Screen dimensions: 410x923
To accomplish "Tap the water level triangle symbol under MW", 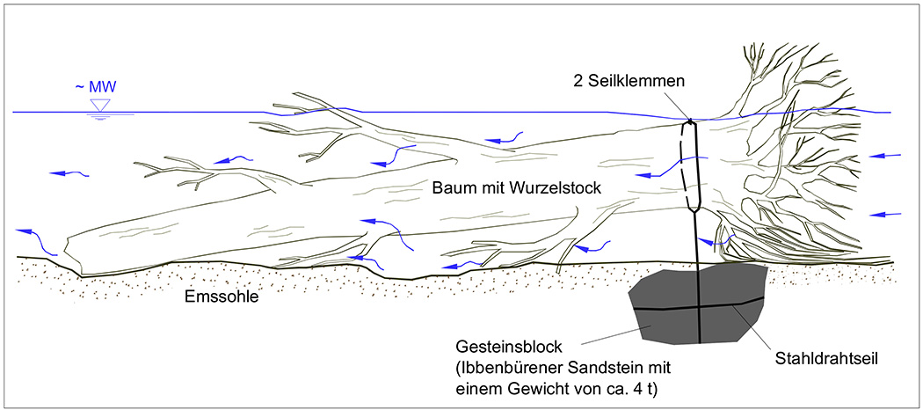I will [100, 105].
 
